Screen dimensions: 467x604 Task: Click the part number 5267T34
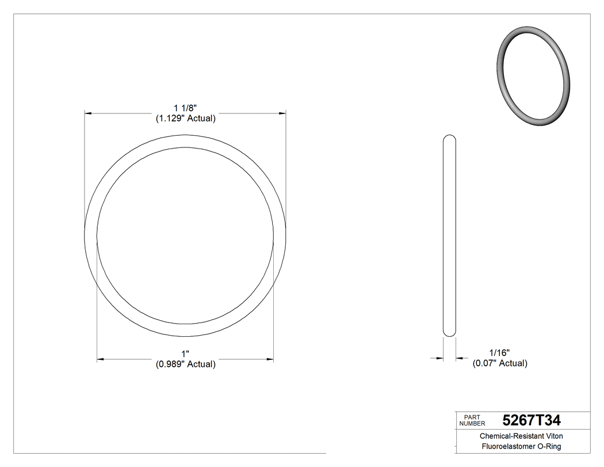(x=531, y=420)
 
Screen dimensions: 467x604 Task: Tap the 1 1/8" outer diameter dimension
(x=186, y=108)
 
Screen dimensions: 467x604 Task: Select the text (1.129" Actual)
(x=186, y=119)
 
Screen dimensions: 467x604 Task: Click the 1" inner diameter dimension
(x=185, y=354)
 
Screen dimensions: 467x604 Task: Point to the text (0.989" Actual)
(x=185, y=364)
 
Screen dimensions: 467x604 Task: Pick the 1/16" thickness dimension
(x=499, y=352)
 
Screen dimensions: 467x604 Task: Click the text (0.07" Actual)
(x=499, y=363)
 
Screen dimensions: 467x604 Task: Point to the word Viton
(x=552, y=436)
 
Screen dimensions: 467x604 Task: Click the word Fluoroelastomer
(x=506, y=447)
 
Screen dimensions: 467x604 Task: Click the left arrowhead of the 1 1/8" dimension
(x=88, y=113)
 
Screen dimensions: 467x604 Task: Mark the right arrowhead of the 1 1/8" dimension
(x=283, y=113)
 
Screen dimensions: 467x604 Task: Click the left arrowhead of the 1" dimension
(x=100, y=359)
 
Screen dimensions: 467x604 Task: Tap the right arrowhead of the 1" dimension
(x=270, y=359)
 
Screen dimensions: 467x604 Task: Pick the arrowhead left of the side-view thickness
(x=440, y=358)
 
